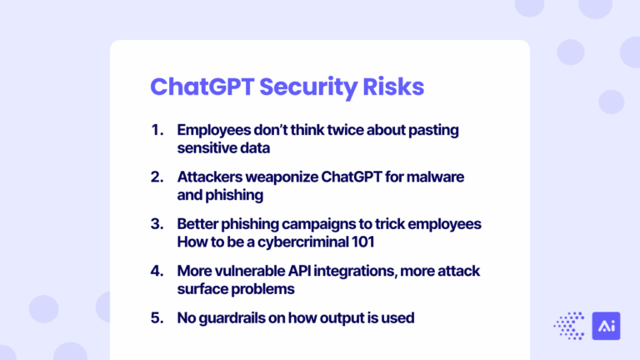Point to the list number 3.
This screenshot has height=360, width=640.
(157, 224)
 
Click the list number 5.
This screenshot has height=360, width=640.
(157, 317)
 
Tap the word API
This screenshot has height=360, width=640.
(303, 271)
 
